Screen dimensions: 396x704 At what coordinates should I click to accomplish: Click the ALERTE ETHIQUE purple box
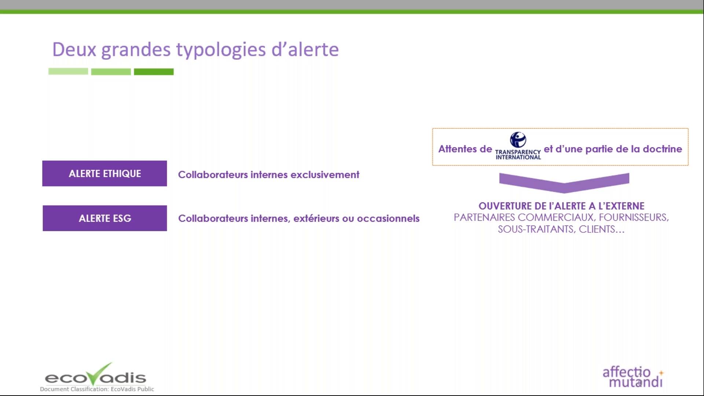point(104,173)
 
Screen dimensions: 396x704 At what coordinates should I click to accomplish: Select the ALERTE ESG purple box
point(105,218)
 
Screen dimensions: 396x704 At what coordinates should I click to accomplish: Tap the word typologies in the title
point(221,49)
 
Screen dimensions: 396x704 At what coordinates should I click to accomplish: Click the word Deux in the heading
point(74,49)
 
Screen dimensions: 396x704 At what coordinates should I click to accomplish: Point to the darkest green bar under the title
point(154,72)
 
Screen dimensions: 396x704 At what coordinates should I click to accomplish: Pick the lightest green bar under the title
point(68,71)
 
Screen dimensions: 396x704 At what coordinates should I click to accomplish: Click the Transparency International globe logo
point(518,140)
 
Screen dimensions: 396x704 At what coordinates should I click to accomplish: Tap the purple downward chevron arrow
point(564,182)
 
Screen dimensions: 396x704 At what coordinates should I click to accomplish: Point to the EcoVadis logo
point(95,375)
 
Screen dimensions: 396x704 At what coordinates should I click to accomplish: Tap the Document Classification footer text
point(97,389)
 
